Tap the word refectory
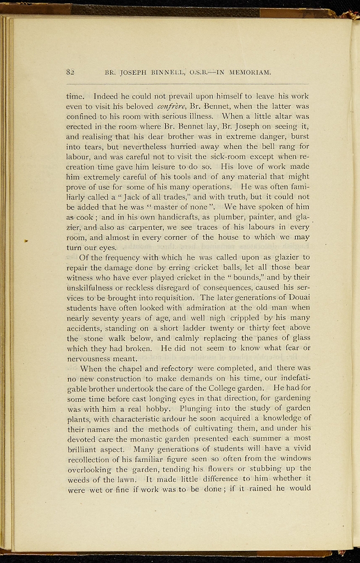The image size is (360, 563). (169, 368)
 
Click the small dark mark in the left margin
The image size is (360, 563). (26, 240)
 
